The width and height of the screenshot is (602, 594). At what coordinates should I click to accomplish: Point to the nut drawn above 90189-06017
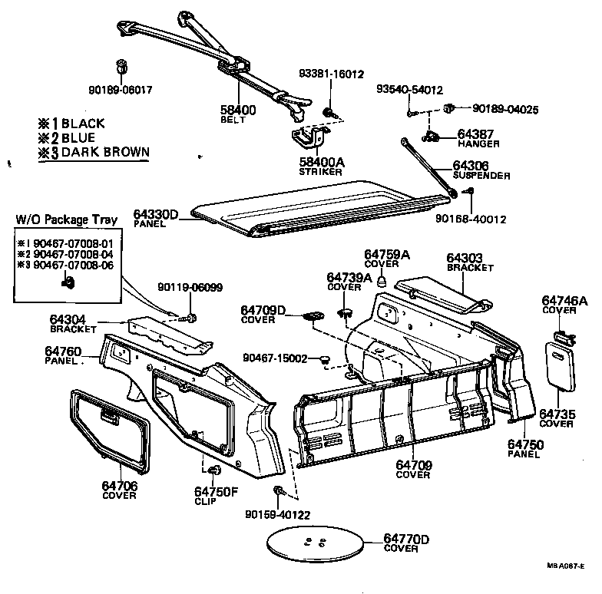coord(121,64)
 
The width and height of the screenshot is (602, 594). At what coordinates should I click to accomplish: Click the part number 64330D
coord(157,215)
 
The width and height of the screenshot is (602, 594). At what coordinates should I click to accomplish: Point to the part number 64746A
coord(564,300)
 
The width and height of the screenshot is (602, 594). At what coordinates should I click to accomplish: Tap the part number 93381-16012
coord(330,74)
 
